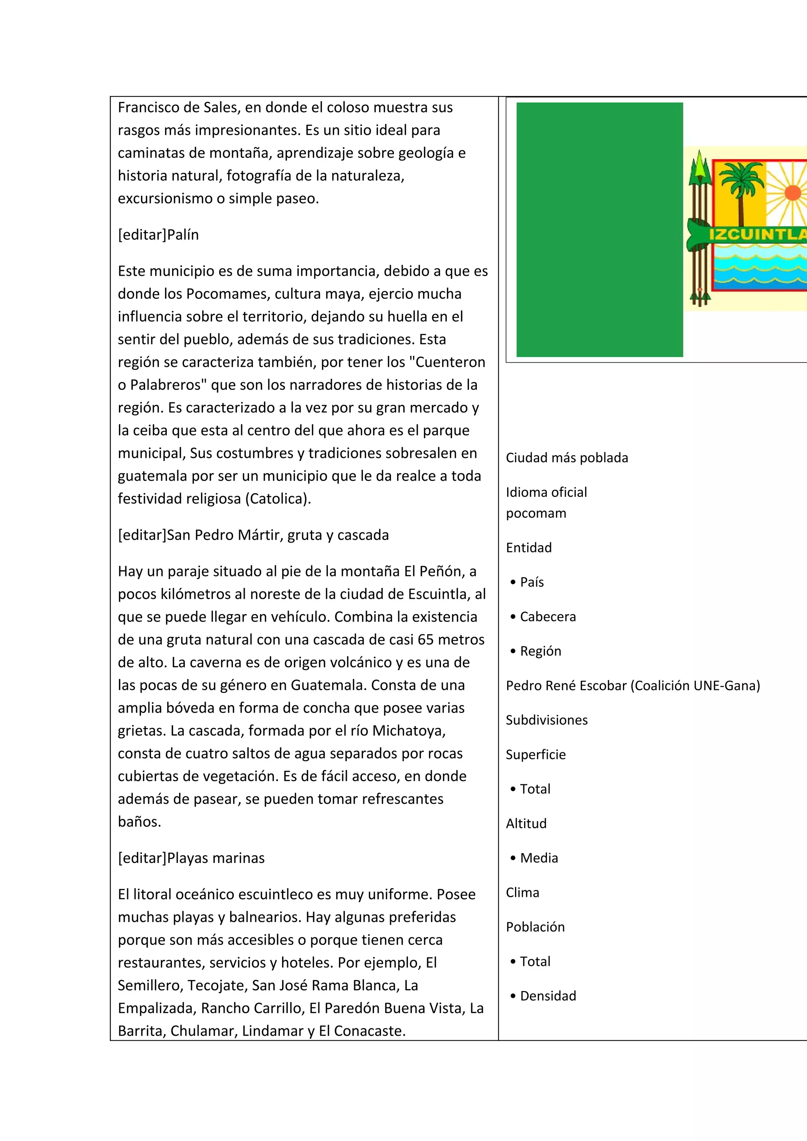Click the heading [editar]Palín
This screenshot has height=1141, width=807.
click(x=158, y=235)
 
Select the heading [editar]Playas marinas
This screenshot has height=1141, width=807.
click(x=191, y=858)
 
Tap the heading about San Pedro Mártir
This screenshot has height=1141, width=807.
click(x=253, y=535)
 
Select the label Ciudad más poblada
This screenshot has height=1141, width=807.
click(x=567, y=458)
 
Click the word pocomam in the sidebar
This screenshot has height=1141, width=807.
click(x=536, y=513)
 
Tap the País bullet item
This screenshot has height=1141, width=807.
click(x=532, y=582)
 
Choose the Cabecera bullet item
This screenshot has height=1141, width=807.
click(x=547, y=616)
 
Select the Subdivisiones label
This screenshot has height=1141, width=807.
click(x=547, y=720)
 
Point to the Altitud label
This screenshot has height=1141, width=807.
click(x=526, y=823)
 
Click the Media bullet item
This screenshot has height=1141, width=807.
click(x=539, y=858)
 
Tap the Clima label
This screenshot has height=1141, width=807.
click(x=522, y=893)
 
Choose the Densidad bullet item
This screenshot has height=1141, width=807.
click(x=547, y=996)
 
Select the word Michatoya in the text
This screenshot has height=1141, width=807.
click(x=408, y=730)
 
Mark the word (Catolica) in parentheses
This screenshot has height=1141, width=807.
click(x=278, y=498)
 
